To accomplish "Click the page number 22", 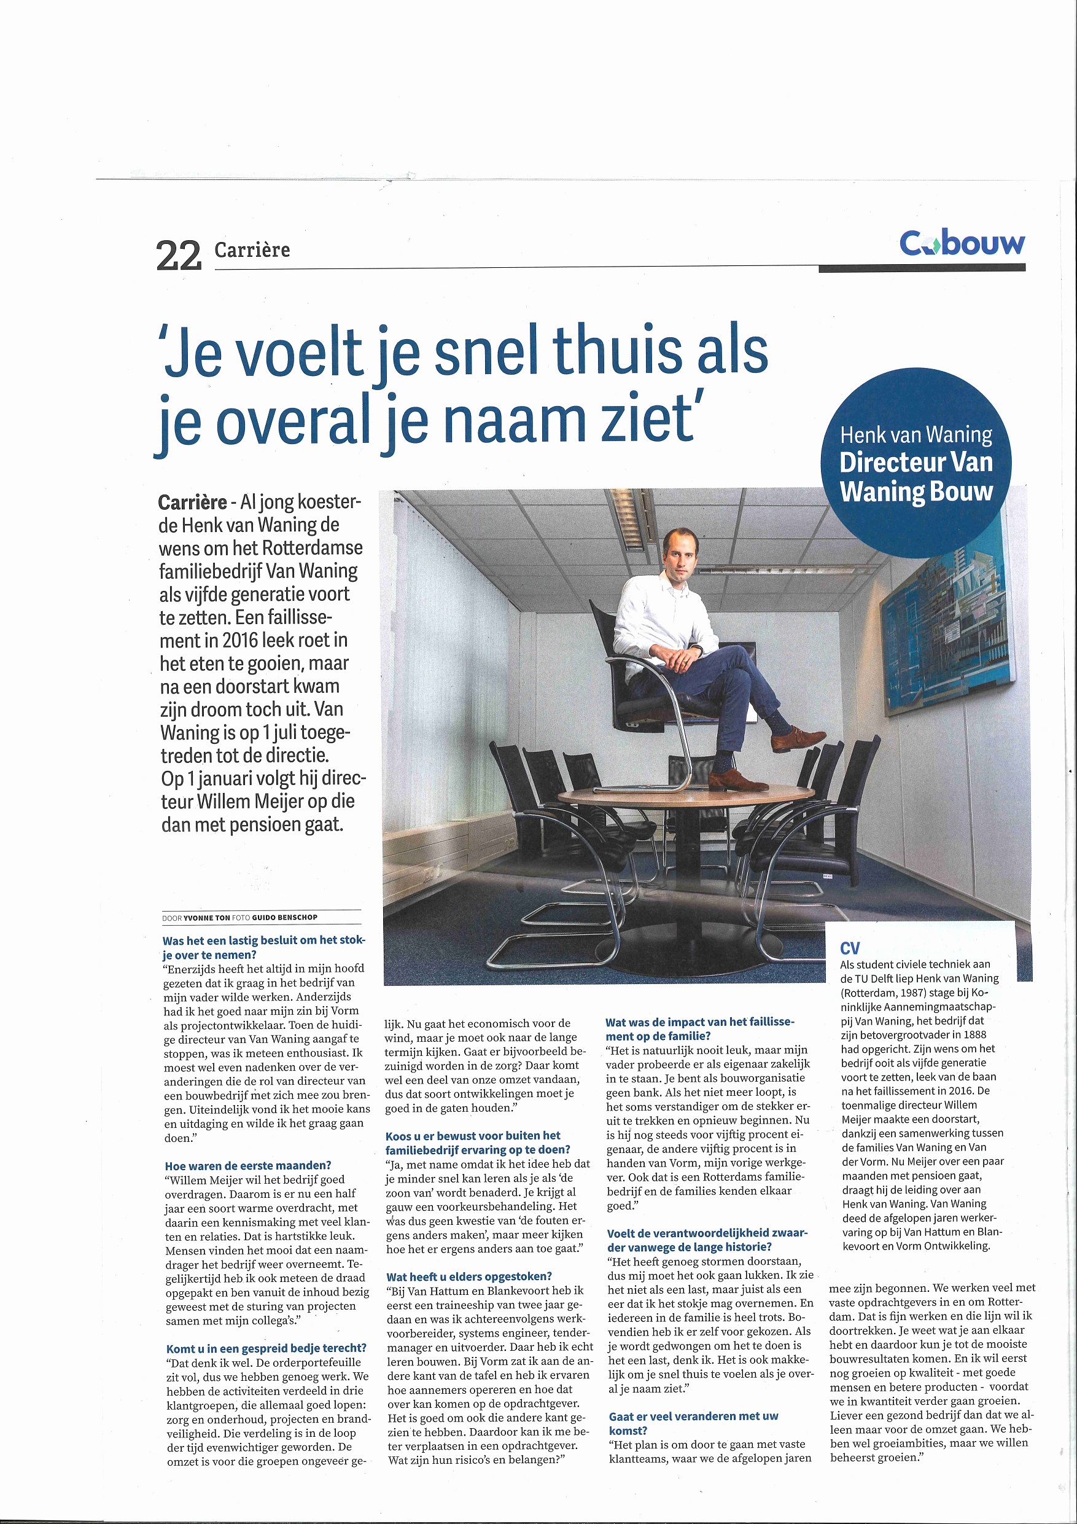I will click(x=179, y=256).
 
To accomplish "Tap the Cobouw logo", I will click(x=962, y=244).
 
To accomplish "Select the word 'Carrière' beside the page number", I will click(x=252, y=250).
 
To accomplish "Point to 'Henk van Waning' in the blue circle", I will click(x=916, y=435).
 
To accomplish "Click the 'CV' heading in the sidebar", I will click(x=849, y=948).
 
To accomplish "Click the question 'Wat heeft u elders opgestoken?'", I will click(x=469, y=1276).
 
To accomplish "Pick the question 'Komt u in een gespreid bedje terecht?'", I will click(x=266, y=1348).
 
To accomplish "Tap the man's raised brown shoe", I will click(x=798, y=739).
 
